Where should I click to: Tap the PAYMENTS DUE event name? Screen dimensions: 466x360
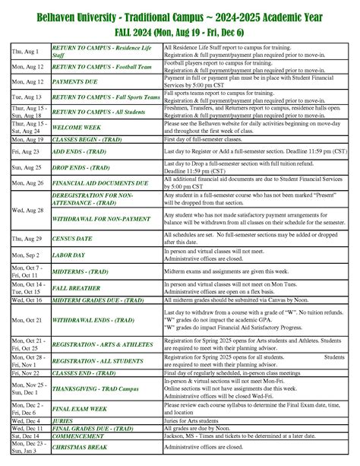78,80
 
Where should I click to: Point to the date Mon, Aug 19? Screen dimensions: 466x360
27,140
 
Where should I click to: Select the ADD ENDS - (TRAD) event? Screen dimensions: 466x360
79,152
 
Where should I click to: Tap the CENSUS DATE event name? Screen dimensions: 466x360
74,239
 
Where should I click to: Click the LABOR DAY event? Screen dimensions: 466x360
70,256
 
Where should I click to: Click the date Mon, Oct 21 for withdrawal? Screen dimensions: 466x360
27,320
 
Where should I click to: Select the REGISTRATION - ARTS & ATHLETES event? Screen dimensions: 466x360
102,343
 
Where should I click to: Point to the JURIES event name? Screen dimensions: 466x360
63,420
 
